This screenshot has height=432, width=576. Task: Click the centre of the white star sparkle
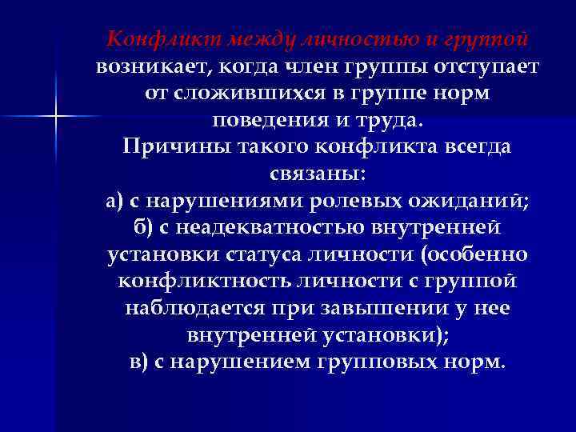point(55,118)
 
